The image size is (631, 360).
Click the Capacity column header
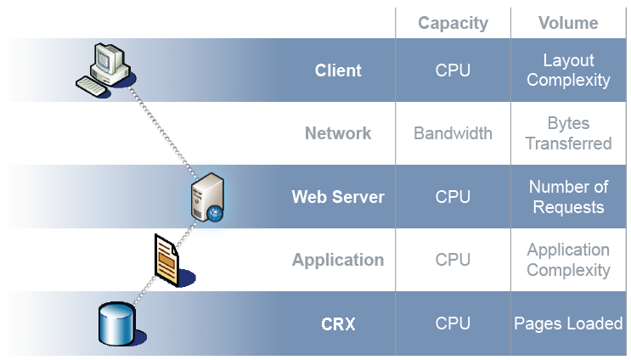point(452,23)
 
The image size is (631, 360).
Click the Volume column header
point(568,23)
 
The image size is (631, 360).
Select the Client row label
point(338,70)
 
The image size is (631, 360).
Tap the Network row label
point(338,133)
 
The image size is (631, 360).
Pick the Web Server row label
point(338,197)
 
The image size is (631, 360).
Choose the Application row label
point(338,260)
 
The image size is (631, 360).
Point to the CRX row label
point(338,323)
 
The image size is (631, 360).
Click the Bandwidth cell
point(453,133)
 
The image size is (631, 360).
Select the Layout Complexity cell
point(568,70)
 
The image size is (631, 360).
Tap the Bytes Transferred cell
point(568,133)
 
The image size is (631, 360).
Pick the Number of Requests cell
point(568,197)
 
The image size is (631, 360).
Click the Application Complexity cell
point(568,260)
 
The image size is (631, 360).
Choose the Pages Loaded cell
point(568,323)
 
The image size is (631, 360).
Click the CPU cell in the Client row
point(453,70)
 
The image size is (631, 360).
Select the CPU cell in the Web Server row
point(453,197)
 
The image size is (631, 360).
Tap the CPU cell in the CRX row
point(453,323)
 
